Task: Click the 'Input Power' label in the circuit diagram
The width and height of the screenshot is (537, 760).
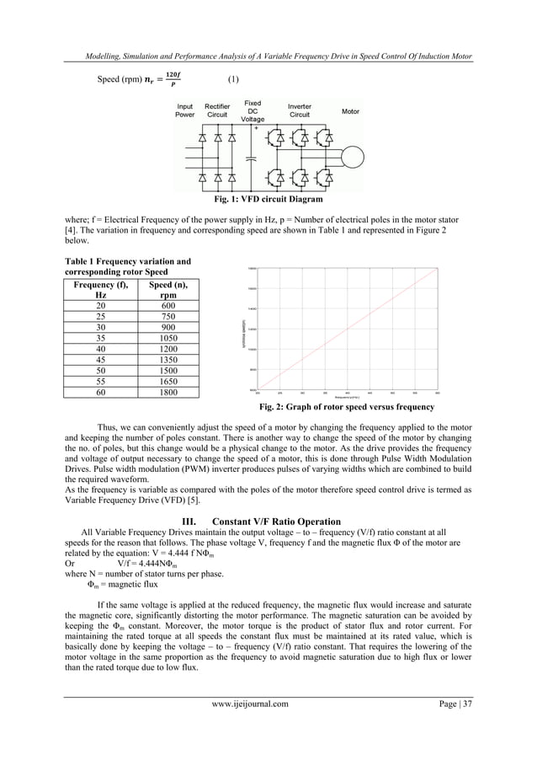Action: [184, 111]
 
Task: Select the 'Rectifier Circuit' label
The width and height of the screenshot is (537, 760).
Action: [217, 111]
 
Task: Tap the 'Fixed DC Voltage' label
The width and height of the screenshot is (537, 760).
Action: [253, 111]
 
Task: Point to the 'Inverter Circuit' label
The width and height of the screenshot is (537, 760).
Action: [300, 111]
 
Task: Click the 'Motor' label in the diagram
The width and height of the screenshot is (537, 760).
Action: [350, 111]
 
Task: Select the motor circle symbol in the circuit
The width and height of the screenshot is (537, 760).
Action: [348, 156]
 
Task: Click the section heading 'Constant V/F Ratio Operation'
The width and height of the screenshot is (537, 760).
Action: [268, 521]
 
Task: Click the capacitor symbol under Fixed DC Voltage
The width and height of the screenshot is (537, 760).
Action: [253, 156]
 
